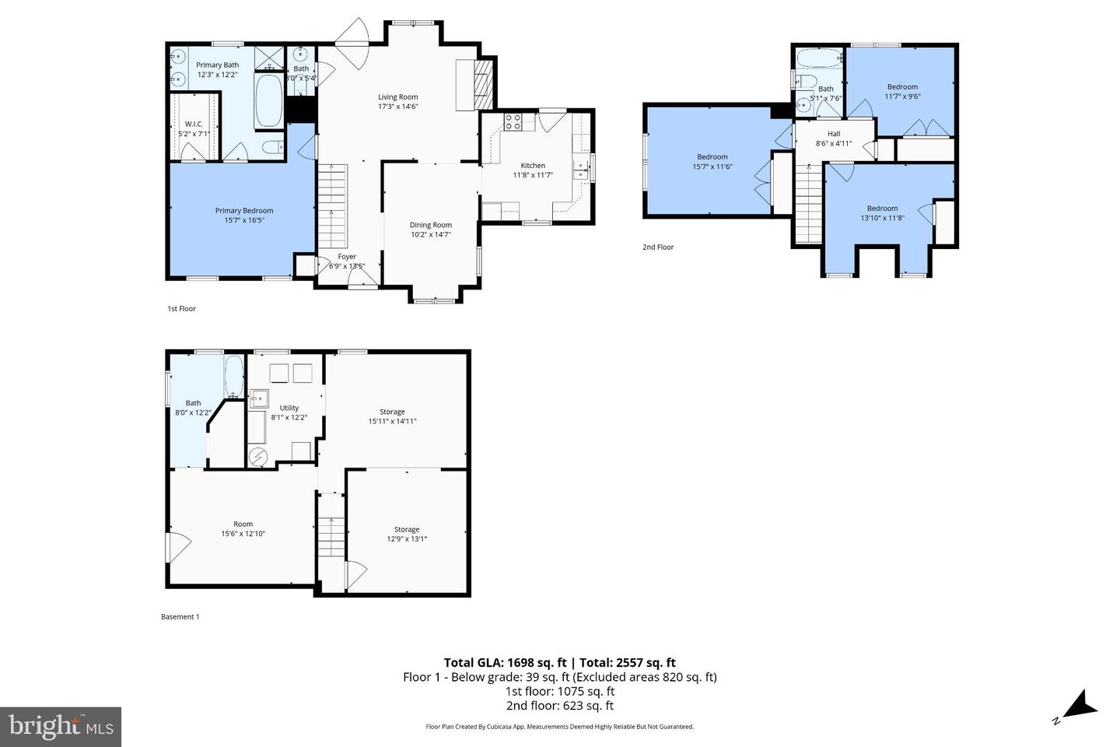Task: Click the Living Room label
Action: (397, 97)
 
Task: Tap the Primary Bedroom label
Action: (244, 211)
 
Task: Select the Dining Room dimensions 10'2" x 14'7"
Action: (430, 234)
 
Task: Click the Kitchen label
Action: (533, 166)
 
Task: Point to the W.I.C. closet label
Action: (194, 124)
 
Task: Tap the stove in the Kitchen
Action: (513, 121)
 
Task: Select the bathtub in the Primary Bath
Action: (269, 101)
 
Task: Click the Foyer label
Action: (347, 257)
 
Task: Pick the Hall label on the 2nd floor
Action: (834, 134)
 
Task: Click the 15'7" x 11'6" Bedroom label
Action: (712, 157)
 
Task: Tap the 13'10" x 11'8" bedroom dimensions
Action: (882, 218)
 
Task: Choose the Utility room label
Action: (289, 408)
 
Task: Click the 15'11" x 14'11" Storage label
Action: (392, 412)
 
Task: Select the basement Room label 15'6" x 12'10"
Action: (243, 524)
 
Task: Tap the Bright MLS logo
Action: (61, 727)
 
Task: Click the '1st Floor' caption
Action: (181, 309)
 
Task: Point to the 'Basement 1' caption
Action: (180, 617)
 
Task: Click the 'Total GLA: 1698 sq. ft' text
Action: (506, 663)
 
